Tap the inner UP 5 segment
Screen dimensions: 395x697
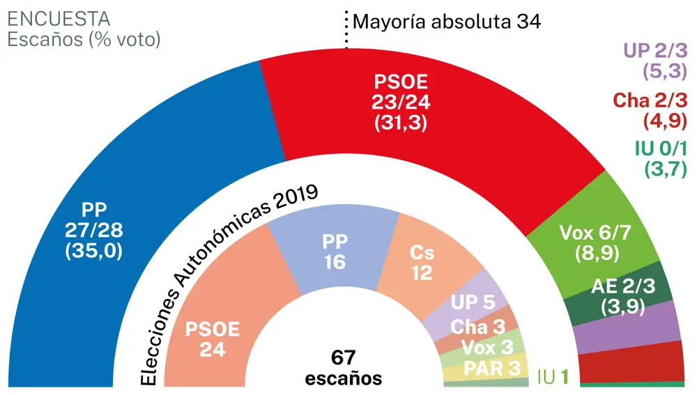[x=474, y=303]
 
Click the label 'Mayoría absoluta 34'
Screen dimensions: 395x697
[x=447, y=22]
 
